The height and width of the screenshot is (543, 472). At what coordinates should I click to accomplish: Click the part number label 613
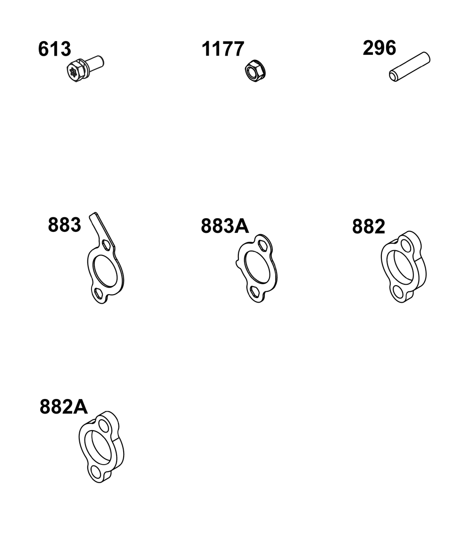(55, 49)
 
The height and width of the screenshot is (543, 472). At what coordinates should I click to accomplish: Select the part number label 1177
(223, 49)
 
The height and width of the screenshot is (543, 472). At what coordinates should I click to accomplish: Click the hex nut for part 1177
(255, 70)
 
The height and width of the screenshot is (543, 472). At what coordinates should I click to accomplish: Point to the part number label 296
(379, 48)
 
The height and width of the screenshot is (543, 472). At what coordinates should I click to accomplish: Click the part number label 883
(64, 225)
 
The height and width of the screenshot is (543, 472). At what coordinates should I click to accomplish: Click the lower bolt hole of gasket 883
(98, 293)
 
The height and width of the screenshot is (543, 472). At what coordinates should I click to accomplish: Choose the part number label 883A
(225, 226)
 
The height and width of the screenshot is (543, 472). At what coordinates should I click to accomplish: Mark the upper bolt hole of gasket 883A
(263, 245)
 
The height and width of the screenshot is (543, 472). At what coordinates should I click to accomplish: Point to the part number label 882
(369, 227)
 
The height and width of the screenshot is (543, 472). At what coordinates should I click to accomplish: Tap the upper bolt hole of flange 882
(405, 245)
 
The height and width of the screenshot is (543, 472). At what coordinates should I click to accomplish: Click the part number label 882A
(64, 407)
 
